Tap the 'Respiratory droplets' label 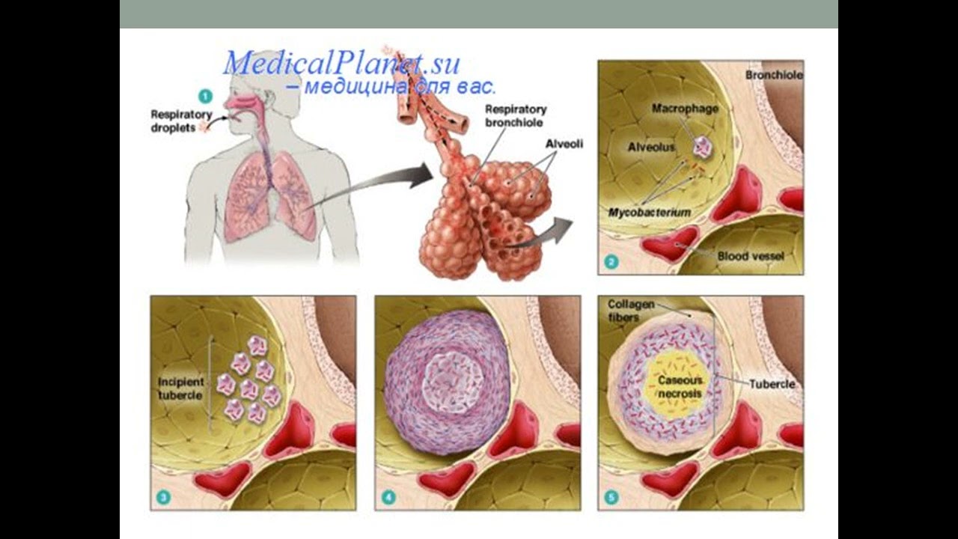[x=173, y=121]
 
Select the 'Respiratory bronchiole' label [x=515, y=115]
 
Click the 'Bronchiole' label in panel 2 [x=774, y=76]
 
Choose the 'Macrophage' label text [x=685, y=109]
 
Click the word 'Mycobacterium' [x=649, y=213]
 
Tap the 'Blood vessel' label [x=751, y=256]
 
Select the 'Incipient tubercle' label [x=180, y=389]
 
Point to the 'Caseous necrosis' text [x=679, y=386]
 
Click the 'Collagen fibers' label [x=631, y=311]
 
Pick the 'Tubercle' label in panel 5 [x=772, y=384]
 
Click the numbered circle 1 [x=204, y=96]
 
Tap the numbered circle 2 [x=611, y=262]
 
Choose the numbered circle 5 [x=611, y=497]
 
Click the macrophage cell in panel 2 [x=702, y=147]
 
